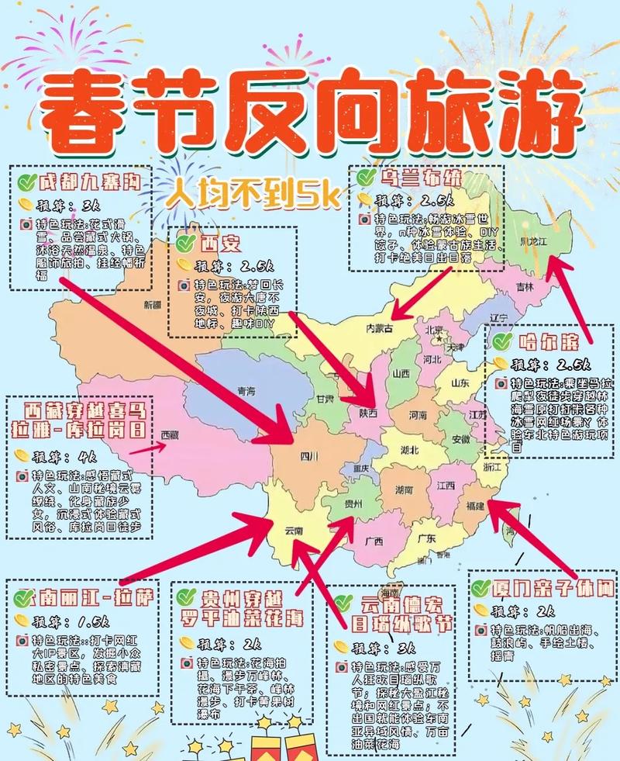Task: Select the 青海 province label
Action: tap(246, 390)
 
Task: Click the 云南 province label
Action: tap(294, 531)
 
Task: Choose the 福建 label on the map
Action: tap(475, 506)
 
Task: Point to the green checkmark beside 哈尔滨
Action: tap(502, 341)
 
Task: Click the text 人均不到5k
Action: tap(253, 195)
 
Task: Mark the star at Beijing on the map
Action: tap(439, 337)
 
